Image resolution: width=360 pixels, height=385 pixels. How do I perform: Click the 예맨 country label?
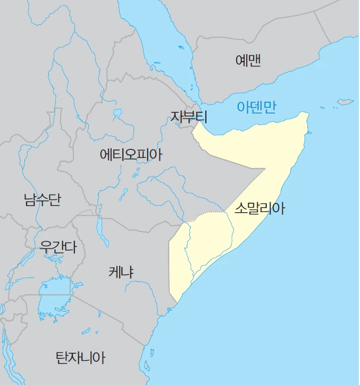248,60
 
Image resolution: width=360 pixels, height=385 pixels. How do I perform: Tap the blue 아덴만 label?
257,107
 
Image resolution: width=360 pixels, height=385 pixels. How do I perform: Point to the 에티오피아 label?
131,155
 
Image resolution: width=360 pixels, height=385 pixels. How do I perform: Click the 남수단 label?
42,199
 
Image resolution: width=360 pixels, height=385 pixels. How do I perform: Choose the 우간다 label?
58,246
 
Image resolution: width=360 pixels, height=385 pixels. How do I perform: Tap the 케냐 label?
121,272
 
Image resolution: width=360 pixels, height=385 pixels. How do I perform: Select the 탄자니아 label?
81,357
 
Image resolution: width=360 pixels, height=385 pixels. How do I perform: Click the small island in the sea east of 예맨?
346,101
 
